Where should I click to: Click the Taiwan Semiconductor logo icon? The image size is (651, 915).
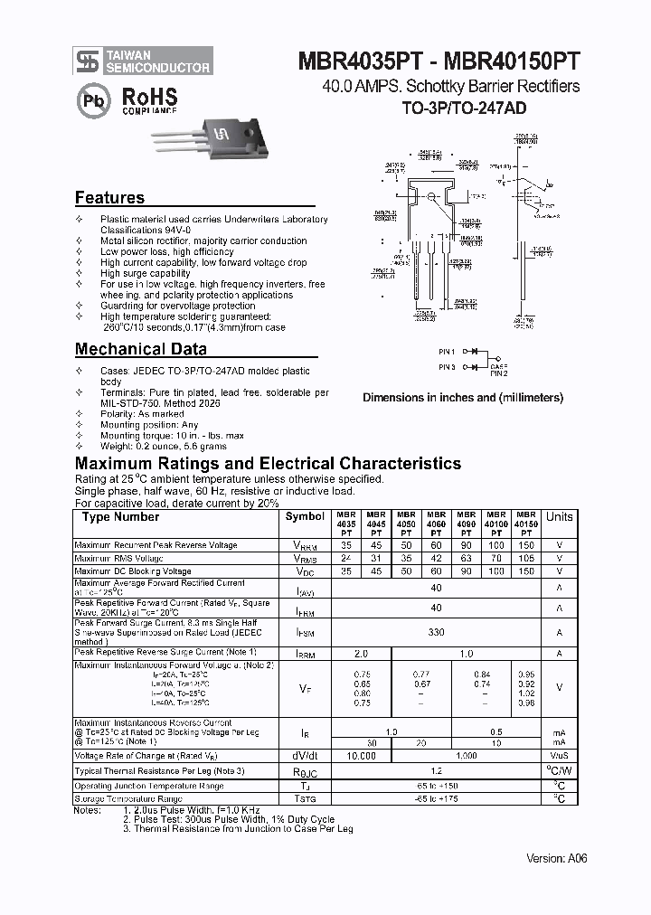click(87, 61)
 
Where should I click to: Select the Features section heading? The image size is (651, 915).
click(109, 198)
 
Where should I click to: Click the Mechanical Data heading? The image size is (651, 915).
click(140, 349)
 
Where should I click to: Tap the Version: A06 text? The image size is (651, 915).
click(556, 858)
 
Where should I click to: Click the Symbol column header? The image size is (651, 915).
click(305, 516)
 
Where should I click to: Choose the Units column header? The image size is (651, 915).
click(559, 516)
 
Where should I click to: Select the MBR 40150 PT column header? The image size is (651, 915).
click(526, 524)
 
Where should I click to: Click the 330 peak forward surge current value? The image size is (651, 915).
click(437, 633)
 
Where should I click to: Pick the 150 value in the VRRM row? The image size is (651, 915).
click(526, 545)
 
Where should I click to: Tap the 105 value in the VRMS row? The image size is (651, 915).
click(526, 559)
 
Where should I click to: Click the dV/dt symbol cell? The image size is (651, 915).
click(305, 755)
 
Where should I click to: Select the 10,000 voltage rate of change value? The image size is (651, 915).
click(362, 755)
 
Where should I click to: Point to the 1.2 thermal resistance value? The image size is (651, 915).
click(437, 770)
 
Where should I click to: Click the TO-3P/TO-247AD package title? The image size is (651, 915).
click(464, 108)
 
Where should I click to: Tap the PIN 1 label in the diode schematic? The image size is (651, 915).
click(448, 351)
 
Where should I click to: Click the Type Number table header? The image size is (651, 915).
click(120, 517)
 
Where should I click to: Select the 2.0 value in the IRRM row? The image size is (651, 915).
click(362, 652)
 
